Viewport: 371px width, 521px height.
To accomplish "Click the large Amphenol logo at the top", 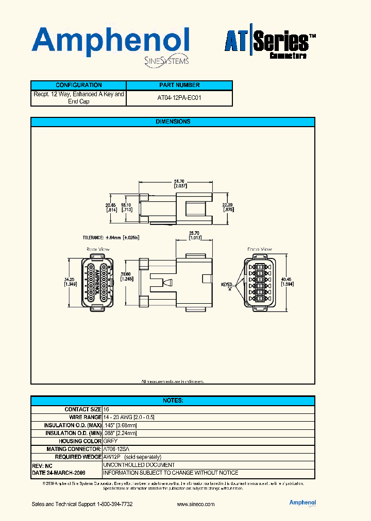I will pyautogui.click(x=111, y=42).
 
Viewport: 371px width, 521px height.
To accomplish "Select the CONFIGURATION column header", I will pyautogui.click(x=78, y=85).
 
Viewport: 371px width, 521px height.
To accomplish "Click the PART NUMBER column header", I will pyautogui.click(x=179, y=85).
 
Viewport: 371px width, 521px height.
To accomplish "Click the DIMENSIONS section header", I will pyautogui.click(x=173, y=122).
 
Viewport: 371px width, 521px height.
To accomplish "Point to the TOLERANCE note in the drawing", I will pyautogui.click(x=111, y=238).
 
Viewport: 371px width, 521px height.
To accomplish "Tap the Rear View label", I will pyautogui.click(x=98, y=249).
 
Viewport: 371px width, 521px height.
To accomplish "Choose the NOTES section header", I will pyautogui.click(x=173, y=401).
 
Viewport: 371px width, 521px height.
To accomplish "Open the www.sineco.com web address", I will pyautogui.click(x=195, y=504).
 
